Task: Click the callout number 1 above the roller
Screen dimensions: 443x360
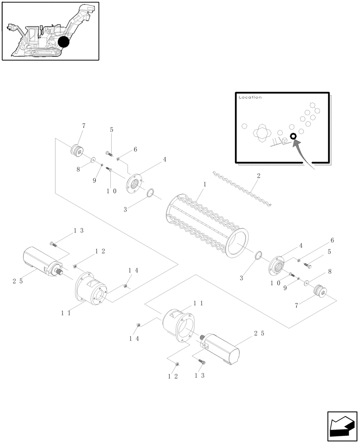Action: coord(205,183)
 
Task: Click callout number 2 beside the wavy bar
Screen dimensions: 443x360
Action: coord(258,176)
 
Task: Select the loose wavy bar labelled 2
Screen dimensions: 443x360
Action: coord(242,188)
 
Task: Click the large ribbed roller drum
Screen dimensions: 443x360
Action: coord(208,226)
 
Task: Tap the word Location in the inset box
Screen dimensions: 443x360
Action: coord(250,97)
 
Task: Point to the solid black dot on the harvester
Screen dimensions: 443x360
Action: coord(64,42)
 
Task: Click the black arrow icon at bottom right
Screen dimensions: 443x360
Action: coord(342,426)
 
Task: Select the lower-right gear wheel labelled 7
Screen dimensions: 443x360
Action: coord(319,291)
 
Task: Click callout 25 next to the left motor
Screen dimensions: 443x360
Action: coord(17,281)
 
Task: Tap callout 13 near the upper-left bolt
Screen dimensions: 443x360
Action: coord(78,230)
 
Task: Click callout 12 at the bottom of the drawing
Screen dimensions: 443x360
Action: coord(173,376)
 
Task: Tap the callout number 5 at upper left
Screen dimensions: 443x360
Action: coord(111,130)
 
